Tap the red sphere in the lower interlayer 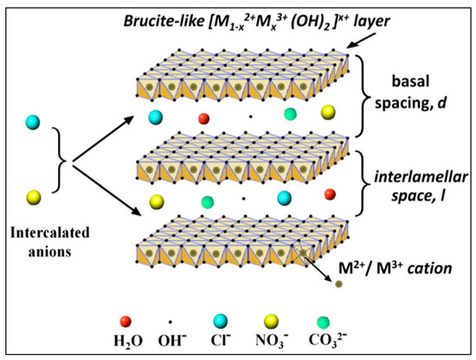(330, 194)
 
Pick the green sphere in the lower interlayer (207, 202)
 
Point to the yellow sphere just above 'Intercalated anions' (32, 194)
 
